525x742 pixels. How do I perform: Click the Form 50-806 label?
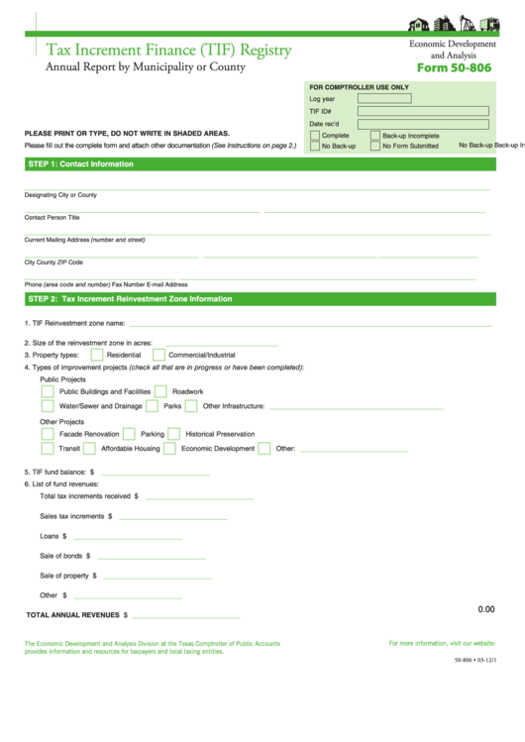pyautogui.click(x=453, y=68)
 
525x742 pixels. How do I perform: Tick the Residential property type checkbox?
pyautogui.click(x=97, y=354)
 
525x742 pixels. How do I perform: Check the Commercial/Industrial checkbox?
pyautogui.click(x=158, y=354)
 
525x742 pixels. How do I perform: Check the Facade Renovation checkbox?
pyautogui.click(x=48, y=434)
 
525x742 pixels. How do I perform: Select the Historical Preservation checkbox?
pyautogui.click(x=174, y=434)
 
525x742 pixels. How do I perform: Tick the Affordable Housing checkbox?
pyautogui.click(x=90, y=448)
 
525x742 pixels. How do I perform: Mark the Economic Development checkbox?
pyautogui.click(x=170, y=448)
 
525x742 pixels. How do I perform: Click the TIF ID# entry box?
pyautogui.click(x=424, y=111)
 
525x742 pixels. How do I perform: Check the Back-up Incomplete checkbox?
pyautogui.click(x=375, y=135)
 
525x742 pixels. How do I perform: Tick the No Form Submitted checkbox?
pyautogui.click(x=375, y=146)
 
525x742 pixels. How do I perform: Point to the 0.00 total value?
pyautogui.click(x=485, y=609)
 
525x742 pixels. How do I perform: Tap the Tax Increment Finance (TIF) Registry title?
pyautogui.click(x=168, y=50)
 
